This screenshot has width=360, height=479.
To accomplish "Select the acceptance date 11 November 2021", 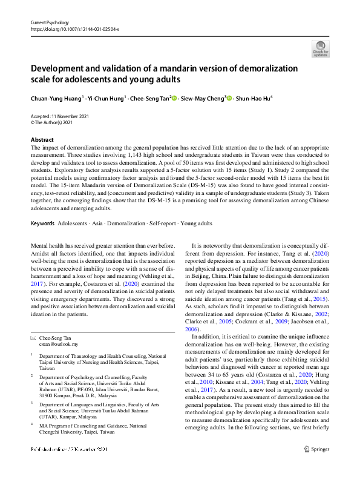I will click(67, 116).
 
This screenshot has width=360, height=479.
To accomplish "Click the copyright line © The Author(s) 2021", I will click(56, 122).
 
